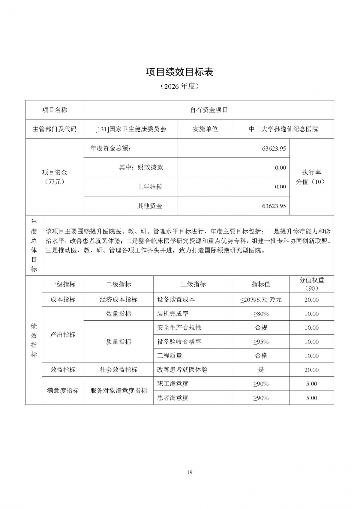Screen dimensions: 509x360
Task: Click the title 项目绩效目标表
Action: pyautogui.click(x=179, y=72)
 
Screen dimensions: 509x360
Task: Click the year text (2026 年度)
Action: pyautogui.click(x=179, y=86)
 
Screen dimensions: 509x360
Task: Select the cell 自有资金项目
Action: pyautogui.click(x=209, y=110)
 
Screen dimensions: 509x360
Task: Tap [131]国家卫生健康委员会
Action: pyautogui.click(x=130, y=129)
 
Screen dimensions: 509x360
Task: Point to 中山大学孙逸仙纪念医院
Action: pyautogui.click(x=283, y=129)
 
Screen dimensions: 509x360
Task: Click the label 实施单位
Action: pyautogui.click(x=205, y=129)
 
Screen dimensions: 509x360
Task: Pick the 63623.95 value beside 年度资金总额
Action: pyautogui.click(x=274, y=148)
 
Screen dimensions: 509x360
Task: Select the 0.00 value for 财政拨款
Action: pyautogui.click(x=280, y=168)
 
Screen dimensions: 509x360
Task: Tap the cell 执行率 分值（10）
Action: pyautogui.click(x=311, y=177)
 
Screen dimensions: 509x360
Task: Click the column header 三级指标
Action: pyautogui.click(x=193, y=284)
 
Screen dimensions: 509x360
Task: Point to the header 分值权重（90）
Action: pyautogui.click(x=311, y=284)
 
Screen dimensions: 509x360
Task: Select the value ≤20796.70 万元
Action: pyautogui.click(x=261, y=300)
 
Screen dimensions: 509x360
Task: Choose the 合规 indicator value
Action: pyautogui.click(x=261, y=328)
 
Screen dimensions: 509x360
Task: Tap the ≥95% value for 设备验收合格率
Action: pyautogui.click(x=261, y=342)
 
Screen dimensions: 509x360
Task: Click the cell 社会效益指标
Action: pyautogui.click(x=118, y=370)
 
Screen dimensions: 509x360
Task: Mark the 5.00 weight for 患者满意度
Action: pyautogui.click(x=311, y=398)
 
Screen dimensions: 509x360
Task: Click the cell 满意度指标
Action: pyautogui.click(x=63, y=391)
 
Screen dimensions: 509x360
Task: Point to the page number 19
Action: pyautogui.click(x=189, y=472)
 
